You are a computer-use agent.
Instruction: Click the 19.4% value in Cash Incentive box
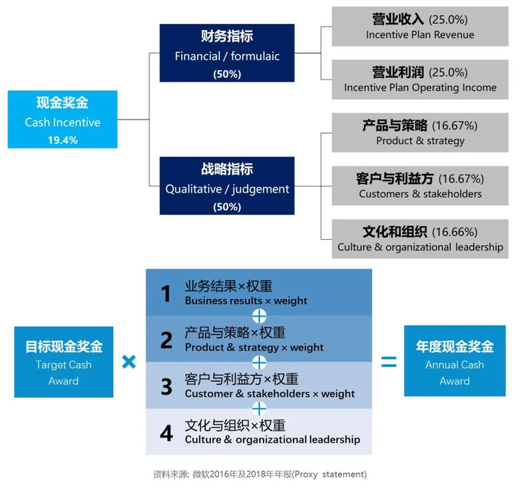pyautogui.click(x=62, y=140)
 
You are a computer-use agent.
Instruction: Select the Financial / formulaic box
pyautogui.click(x=227, y=53)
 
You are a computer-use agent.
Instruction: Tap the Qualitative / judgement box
pyautogui.click(x=227, y=186)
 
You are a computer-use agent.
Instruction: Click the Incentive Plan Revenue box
pyautogui.click(x=420, y=26)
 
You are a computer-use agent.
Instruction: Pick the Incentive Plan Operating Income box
pyautogui.click(x=420, y=79)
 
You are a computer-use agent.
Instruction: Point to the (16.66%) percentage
pyautogui.click(x=455, y=232)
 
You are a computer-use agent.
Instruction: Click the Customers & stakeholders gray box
pyautogui.click(x=420, y=186)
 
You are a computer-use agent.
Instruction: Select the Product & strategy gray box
pyautogui.click(x=420, y=133)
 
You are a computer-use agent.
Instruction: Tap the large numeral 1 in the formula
pyautogui.click(x=166, y=293)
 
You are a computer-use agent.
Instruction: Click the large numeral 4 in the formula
pyautogui.click(x=166, y=433)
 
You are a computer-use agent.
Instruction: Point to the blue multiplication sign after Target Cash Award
pyautogui.click(x=129, y=362)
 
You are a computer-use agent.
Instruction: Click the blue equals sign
pyautogui.click(x=389, y=361)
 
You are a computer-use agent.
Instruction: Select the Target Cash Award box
pyautogui.click(x=64, y=362)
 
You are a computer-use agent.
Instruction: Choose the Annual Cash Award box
pyautogui.click(x=455, y=361)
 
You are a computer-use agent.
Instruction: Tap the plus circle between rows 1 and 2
pyautogui.click(x=259, y=316)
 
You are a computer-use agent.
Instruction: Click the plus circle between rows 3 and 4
pyautogui.click(x=259, y=409)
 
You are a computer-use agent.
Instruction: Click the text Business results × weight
pyautogui.click(x=246, y=301)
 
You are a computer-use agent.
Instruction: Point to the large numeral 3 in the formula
pyautogui.click(x=166, y=386)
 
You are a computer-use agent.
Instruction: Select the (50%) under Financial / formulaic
pyautogui.click(x=227, y=74)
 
